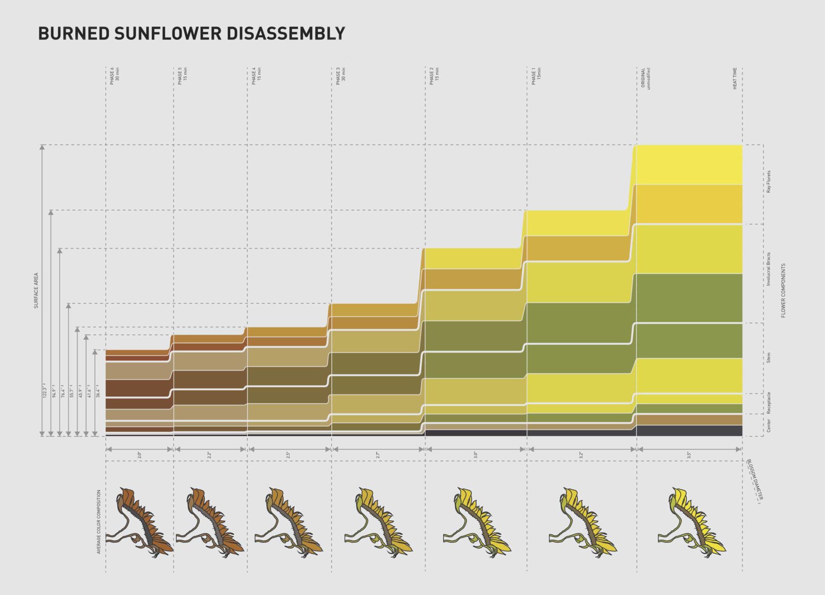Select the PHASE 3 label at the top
click(x=340, y=76)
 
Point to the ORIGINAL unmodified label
click(x=645, y=78)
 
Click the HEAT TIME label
click(x=735, y=79)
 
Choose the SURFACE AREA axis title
click(x=36, y=290)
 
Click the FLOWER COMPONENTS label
click(x=783, y=291)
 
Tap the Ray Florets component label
click(x=769, y=181)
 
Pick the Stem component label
click(x=769, y=358)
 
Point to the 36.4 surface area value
click(x=97, y=391)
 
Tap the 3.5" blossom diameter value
click(x=689, y=454)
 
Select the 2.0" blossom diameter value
click(x=139, y=454)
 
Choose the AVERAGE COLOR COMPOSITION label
click(x=99, y=522)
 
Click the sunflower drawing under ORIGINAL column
click(x=691, y=522)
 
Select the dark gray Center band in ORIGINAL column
click(x=689, y=430)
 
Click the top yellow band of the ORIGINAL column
click(x=689, y=164)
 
